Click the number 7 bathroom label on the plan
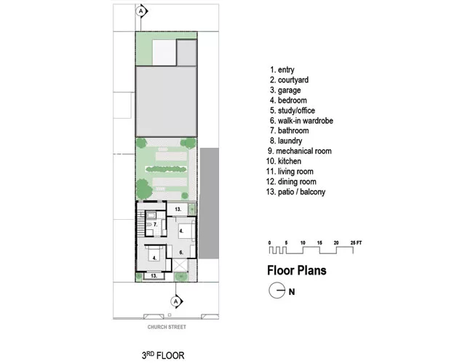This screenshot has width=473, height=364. coord(155,224)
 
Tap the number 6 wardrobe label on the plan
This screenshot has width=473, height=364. coord(181,253)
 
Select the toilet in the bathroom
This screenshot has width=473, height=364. coord(149,224)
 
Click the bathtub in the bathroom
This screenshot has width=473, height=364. coord(151,215)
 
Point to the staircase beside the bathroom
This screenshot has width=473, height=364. coord(141,224)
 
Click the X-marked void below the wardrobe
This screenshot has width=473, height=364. coord(180,265)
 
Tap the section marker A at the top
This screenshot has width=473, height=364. coord(141,12)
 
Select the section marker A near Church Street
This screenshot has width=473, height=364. coord(176,301)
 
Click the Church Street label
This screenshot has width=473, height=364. coord(167,327)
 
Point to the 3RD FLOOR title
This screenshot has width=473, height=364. coord(163,355)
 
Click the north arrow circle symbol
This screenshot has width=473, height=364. coord(277,290)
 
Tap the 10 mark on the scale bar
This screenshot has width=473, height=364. coord(303,242)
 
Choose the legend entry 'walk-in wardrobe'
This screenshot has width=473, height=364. coord(302,121)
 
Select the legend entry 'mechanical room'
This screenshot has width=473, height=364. coord(300,151)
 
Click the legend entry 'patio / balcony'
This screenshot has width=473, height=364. coord(296,191)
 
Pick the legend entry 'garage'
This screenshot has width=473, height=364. coord(285,90)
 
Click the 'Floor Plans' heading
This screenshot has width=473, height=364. coord(297,270)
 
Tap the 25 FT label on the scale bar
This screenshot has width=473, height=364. coord(356,242)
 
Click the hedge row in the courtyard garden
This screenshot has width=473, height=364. coord(167,170)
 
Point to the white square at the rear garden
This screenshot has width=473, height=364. coord(164,52)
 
